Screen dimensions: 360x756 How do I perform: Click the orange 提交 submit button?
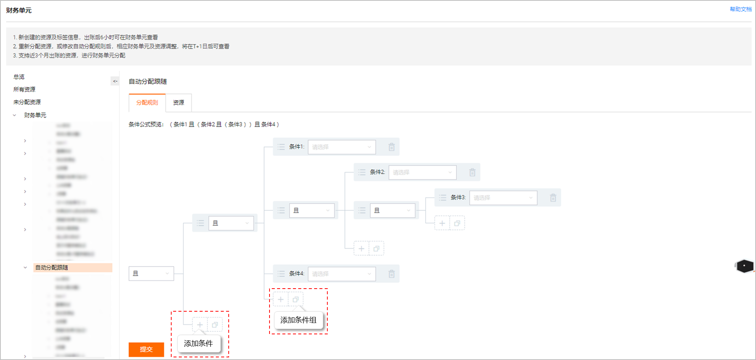click(146, 349)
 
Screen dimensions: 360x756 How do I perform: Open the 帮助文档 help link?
click(741, 9)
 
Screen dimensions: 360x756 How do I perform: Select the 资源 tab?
click(178, 103)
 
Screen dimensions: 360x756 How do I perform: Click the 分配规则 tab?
click(147, 103)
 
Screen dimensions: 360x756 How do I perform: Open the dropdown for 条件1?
click(342, 147)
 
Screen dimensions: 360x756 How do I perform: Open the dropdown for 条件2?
click(422, 172)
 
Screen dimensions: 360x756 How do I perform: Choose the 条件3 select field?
click(503, 198)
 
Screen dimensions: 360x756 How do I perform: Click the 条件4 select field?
click(342, 274)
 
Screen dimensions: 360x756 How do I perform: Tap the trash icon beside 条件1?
click(392, 147)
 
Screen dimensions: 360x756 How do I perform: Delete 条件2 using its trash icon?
click(472, 172)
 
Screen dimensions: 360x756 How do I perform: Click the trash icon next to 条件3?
click(553, 198)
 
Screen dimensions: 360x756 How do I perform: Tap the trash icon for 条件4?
click(392, 274)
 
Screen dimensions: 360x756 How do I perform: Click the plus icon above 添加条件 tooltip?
click(200, 325)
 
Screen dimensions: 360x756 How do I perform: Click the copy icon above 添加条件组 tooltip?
click(296, 300)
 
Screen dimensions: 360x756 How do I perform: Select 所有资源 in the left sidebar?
click(24, 90)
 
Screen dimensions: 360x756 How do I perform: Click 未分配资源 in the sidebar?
click(27, 102)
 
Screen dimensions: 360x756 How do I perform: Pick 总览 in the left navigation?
click(19, 77)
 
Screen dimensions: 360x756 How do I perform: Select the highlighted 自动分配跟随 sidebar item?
click(52, 267)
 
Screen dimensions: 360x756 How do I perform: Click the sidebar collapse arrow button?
click(115, 81)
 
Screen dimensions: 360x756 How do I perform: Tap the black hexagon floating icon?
click(744, 266)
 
